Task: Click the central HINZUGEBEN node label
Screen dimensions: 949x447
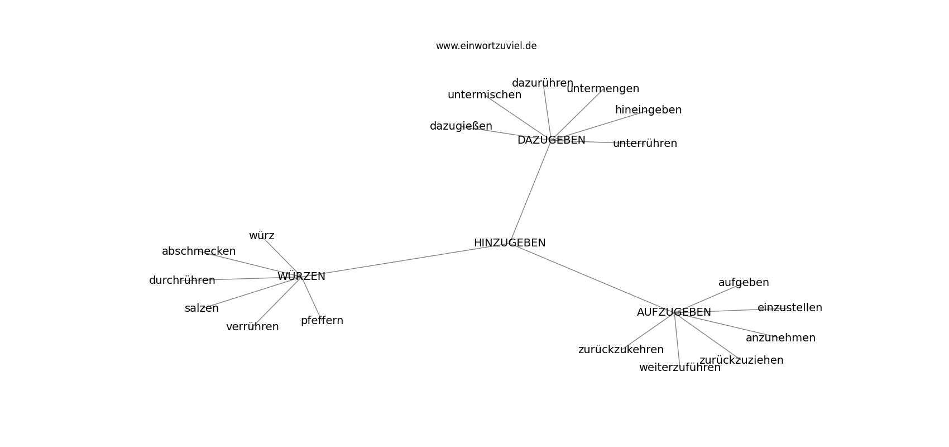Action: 510,243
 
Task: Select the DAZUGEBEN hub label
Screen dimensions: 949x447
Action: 551,140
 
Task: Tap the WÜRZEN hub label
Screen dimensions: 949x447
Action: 301,276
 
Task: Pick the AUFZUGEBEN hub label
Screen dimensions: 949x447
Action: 674,312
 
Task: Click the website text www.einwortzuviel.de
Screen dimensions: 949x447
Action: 486,46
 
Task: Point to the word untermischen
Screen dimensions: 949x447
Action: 484,95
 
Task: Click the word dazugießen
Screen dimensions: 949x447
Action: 461,126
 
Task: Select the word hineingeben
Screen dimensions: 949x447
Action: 648,110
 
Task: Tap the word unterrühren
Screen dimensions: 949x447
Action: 645,144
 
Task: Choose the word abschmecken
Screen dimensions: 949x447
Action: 199,251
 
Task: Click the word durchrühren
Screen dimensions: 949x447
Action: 182,280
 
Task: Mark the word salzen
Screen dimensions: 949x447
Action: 202,309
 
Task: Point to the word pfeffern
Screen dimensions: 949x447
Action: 322,321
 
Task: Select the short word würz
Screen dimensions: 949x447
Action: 261,236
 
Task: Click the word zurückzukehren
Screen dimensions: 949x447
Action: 621,350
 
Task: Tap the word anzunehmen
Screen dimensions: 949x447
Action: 780,338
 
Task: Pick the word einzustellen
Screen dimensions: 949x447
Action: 790,308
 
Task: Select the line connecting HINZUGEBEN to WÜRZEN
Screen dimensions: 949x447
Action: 405,260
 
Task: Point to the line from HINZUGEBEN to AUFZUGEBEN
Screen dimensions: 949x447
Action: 592,278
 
